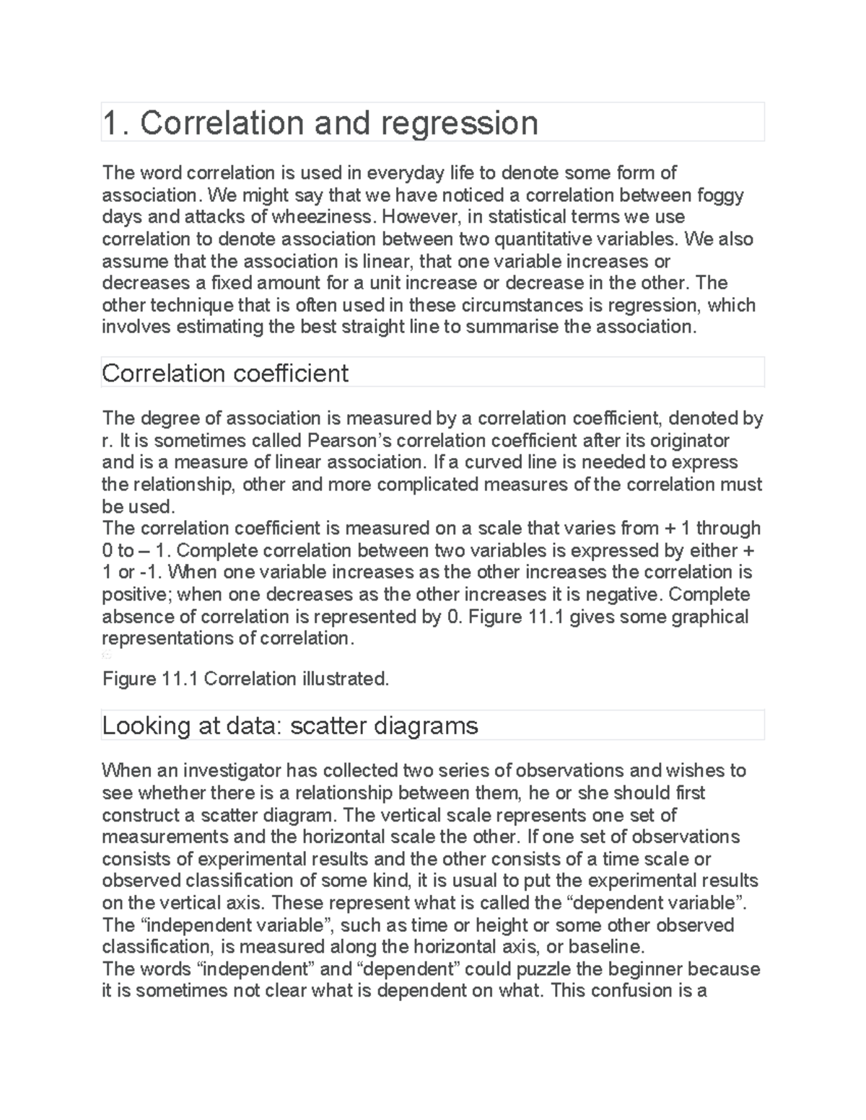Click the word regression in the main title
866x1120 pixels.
pyautogui.click(x=459, y=124)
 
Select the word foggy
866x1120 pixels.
pyautogui.click(x=719, y=195)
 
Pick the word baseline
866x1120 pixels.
pyautogui.click(x=605, y=946)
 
